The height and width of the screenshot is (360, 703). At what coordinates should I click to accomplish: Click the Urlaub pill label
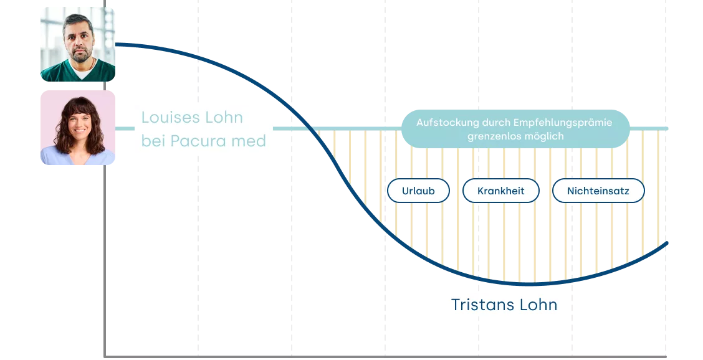(418, 191)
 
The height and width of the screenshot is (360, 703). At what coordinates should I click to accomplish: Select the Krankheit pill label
(500, 191)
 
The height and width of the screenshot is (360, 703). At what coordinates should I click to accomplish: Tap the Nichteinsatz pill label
(597, 191)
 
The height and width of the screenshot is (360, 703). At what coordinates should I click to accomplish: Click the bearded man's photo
(79, 45)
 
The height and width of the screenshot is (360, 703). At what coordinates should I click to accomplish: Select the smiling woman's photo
(79, 130)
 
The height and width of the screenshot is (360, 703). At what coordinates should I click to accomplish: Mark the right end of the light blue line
(669, 129)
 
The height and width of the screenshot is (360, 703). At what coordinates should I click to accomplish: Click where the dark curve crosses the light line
(305, 129)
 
